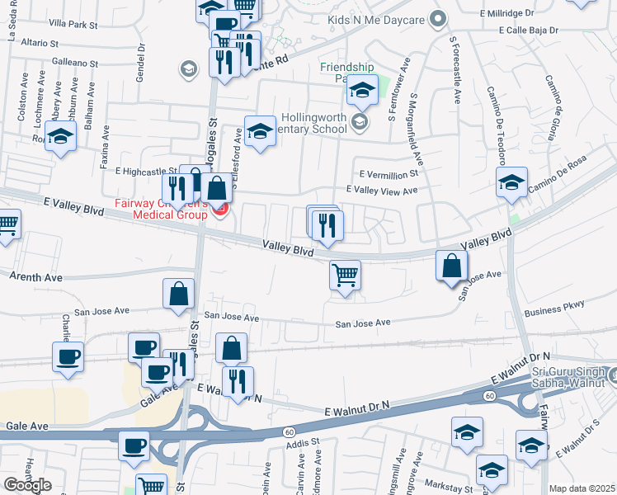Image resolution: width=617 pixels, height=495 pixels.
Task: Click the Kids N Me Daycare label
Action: coord(375,17)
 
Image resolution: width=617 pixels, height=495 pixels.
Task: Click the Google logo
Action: coord(27,485)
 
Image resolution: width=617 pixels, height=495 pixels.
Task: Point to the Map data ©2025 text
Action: coord(582,488)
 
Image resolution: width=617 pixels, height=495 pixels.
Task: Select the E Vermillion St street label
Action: coord(389,174)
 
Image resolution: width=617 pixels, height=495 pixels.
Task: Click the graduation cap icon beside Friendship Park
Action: coord(361,91)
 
